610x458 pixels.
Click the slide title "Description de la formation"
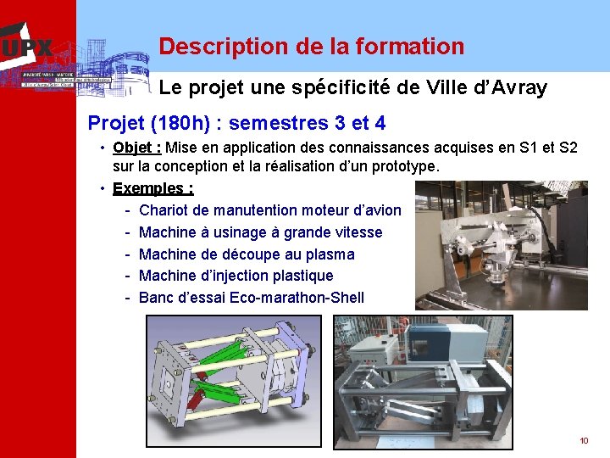click(311, 46)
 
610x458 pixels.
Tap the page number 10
click(584, 440)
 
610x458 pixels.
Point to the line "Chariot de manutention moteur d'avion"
click(269, 210)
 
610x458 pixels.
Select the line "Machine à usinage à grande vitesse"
click(260, 232)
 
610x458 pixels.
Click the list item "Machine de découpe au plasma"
click(247, 254)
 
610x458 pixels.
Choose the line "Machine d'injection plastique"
click(236, 276)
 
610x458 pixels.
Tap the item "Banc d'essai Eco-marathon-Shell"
click(251, 298)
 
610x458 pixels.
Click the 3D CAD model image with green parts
click(236, 381)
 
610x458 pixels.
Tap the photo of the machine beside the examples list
click(501, 246)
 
